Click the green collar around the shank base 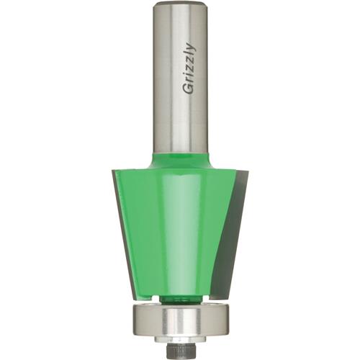point(180,158)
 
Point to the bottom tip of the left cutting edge point(133,294)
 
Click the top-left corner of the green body point(115,171)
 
